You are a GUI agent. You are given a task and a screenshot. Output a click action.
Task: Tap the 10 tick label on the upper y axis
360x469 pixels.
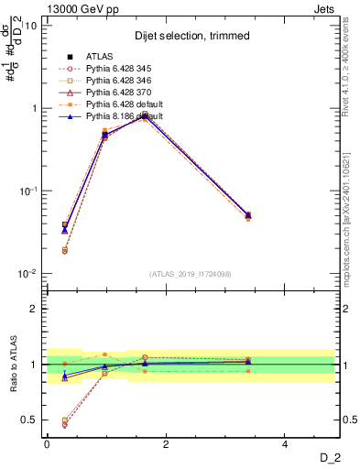click(x=31, y=25)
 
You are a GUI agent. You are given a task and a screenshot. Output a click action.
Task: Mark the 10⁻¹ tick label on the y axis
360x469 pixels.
click(x=27, y=191)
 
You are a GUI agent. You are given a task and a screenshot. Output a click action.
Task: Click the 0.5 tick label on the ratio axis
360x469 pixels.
click(x=30, y=420)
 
